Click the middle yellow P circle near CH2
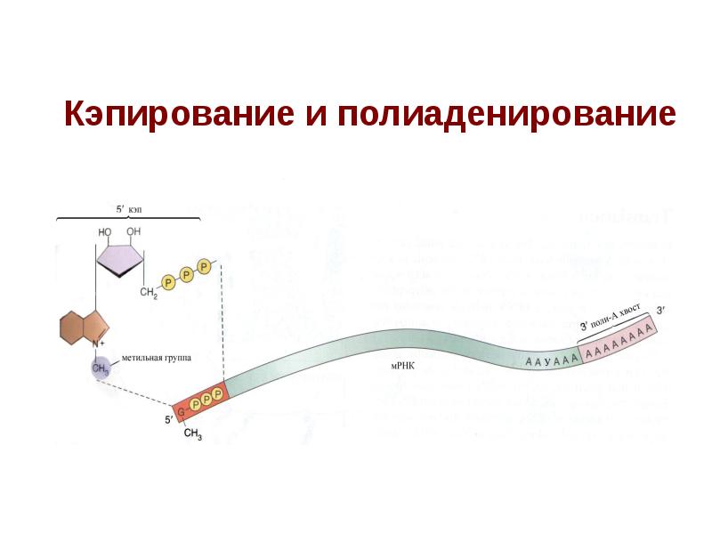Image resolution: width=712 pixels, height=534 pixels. click(x=188, y=274)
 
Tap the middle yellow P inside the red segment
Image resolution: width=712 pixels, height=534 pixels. click(x=205, y=400)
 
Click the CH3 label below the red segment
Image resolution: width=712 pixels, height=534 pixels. click(x=192, y=434)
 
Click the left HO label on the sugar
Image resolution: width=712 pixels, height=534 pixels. click(x=105, y=231)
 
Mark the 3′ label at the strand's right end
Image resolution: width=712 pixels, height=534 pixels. click(x=659, y=310)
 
